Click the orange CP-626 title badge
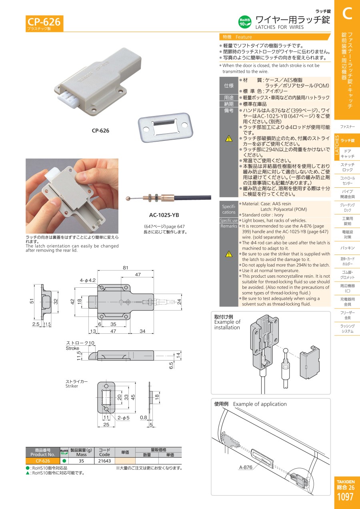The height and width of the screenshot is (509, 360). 44,23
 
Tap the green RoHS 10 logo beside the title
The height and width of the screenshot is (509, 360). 245,22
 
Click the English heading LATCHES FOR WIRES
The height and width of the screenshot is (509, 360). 279,27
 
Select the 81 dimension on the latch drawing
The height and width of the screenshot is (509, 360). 126,268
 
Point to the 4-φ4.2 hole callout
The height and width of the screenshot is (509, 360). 88,281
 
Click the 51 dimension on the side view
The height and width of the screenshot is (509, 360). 32,301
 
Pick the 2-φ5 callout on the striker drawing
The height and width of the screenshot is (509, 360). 123,418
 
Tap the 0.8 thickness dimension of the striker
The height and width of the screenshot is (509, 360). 144,417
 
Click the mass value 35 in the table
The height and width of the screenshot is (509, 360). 81,461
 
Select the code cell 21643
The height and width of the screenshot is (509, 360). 104,461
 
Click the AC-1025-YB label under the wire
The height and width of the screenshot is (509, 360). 164,215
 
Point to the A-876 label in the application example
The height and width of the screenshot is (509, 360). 246,467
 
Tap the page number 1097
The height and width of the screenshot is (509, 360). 345,497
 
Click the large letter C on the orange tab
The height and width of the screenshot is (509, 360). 347,14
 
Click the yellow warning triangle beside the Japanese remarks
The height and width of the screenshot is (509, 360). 229,138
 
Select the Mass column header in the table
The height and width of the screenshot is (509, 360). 81,455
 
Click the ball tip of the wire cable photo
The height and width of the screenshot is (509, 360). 128,198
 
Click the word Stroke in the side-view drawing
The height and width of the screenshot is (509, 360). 72,348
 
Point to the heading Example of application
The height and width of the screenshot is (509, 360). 260,404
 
